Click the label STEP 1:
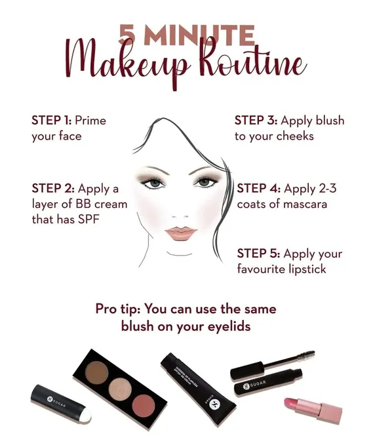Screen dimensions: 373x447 (x=51, y=121)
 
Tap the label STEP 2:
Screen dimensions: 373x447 (x=53, y=189)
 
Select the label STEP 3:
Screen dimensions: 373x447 (x=256, y=121)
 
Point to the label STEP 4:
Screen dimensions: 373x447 (x=259, y=189)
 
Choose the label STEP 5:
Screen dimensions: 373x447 (x=259, y=254)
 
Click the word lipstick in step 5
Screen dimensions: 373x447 (x=307, y=269)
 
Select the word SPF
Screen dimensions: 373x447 (x=88, y=220)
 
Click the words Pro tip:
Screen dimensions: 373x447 (x=118, y=309)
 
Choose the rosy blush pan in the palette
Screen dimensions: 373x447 (x=144, y=406)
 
